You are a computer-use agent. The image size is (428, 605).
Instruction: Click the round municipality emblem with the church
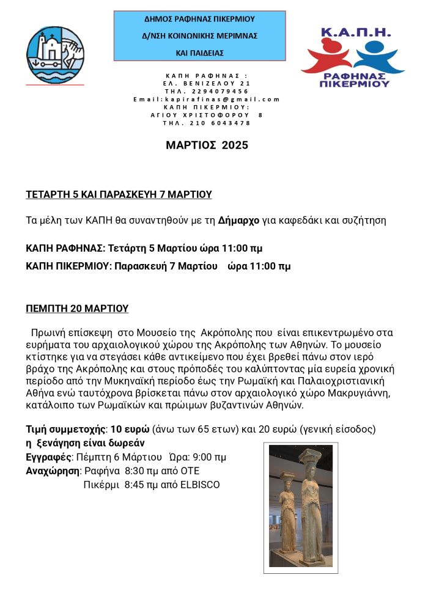tap(55, 54)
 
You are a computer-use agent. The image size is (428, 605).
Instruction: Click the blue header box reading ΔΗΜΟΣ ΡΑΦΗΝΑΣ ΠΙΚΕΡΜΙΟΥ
tap(199, 35)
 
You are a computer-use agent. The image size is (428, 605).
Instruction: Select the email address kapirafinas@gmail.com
tap(206, 99)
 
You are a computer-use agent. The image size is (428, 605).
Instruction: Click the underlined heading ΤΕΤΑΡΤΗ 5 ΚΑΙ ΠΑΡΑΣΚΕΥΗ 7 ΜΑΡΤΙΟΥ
tap(119, 194)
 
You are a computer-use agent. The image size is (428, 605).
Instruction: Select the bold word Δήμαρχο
tap(238, 220)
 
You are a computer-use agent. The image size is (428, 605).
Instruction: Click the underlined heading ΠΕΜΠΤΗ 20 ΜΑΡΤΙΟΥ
tap(77, 309)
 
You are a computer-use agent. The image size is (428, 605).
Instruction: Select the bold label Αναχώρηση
tap(53, 471)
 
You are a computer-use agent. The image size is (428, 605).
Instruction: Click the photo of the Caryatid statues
tap(300, 507)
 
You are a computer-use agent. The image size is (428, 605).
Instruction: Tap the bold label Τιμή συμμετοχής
tap(65, 430)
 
